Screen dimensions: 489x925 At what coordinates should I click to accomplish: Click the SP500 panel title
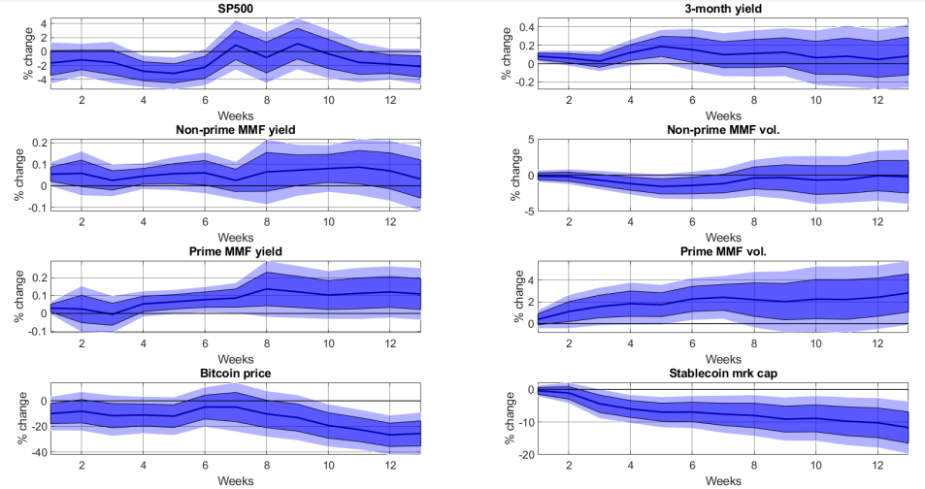(x=236, y=8)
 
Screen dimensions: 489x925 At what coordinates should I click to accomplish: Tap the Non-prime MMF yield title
(x=236, y=131)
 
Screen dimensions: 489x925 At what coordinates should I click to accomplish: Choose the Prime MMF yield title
(x=236, y=251)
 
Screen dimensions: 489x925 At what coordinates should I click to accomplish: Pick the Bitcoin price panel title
(x=236, y=373)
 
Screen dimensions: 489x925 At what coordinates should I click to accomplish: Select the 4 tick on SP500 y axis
(x=43, y=20)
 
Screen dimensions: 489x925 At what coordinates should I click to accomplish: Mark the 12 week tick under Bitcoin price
(x=390, y=465)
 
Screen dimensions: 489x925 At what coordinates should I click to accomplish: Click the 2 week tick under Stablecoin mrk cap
(x=570, y=465)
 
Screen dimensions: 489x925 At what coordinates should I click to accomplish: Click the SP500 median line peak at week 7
(x=236, y=46)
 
